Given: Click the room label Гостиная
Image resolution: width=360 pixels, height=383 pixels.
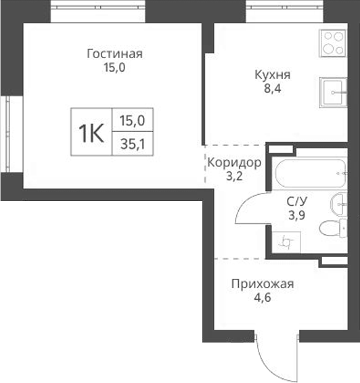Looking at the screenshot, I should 114,53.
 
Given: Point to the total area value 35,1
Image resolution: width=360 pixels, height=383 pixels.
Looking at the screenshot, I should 133,142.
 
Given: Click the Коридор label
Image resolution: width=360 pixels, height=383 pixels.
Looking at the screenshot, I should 233,163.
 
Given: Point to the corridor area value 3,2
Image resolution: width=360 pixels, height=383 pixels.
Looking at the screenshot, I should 233,177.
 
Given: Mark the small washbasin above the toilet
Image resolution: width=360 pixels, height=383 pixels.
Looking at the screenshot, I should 338,202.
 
